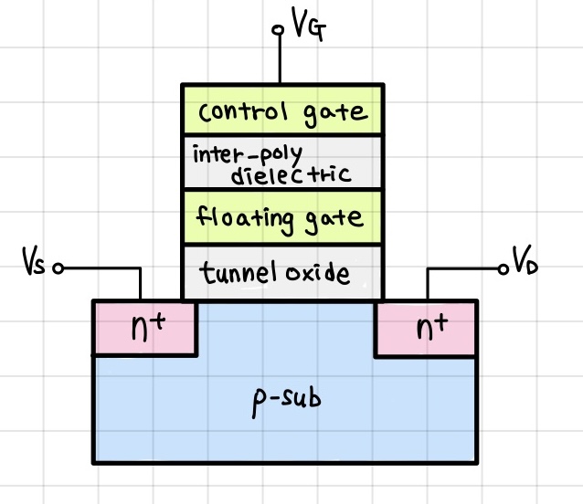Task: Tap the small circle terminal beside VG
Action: click(279, 29)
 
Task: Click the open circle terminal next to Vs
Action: click(58, 269)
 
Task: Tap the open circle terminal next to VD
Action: click(502, 269)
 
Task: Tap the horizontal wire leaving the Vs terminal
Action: click(101, 269)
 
